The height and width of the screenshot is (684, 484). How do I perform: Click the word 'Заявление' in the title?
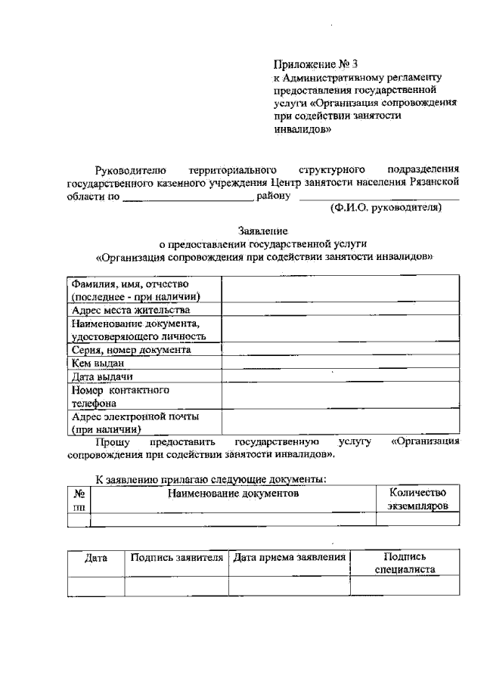point(263,230)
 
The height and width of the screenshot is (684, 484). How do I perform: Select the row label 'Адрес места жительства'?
point(130,310)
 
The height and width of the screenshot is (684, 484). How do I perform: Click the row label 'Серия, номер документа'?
point(130,350)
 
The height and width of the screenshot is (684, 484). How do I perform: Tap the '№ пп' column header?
point(78,499)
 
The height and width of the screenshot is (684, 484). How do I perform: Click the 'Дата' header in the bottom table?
point(96,557)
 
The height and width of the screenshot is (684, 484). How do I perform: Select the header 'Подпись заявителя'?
point(176,557)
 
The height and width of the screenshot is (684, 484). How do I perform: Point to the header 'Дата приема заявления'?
point(289,557)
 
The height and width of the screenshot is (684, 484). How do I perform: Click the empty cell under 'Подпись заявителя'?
point(176,587)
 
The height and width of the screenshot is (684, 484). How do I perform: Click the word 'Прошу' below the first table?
point(113,441)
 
